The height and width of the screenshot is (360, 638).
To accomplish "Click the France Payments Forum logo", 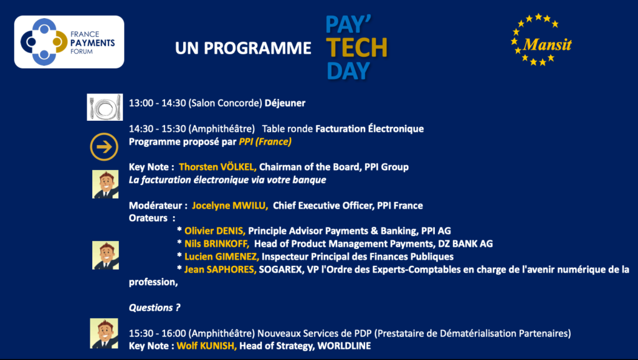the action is point(69,42).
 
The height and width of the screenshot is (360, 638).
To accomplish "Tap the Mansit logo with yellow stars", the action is point(541,39).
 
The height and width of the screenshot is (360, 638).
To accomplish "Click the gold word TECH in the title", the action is point(356,47).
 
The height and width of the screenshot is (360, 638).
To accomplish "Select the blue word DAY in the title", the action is point(348,70).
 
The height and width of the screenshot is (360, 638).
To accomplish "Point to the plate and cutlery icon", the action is point(105,107).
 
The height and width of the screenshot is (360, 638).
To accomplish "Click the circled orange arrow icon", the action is point(104,147).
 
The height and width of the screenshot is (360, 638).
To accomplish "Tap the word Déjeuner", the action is point(285,103).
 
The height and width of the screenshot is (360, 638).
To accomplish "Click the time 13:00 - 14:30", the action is point(158,103).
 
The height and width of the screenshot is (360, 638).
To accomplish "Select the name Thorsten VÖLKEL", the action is point(217,167).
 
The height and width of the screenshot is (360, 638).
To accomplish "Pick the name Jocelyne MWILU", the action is point(230,206).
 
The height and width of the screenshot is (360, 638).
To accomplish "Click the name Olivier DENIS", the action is point(215,230).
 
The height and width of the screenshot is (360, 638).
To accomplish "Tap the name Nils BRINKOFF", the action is point(217,244).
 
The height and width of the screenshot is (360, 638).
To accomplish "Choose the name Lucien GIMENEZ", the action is point(222,257).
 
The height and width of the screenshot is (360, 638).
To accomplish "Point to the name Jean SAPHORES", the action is point(220,269).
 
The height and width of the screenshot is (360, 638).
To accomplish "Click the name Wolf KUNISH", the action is point(207,346).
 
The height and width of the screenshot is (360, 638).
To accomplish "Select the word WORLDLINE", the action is point(344,346).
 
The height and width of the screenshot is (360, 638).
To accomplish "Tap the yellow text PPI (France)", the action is point(265,141).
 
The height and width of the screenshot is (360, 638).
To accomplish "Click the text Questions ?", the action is point(155,308).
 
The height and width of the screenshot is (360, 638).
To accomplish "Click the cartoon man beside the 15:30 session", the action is point(104,334).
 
